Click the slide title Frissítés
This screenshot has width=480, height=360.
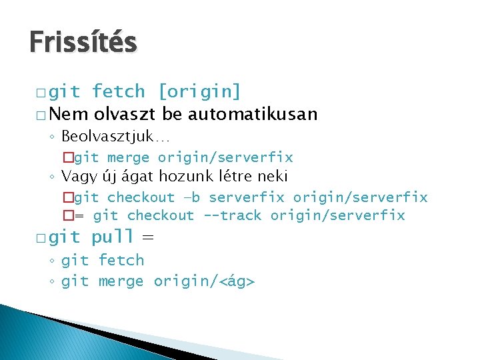[83, 43]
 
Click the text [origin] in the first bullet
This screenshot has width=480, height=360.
[200, 91]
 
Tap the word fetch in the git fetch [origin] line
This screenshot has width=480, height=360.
[118, 91]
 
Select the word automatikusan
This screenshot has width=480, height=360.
[253, 114]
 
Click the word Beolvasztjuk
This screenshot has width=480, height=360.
[106, 137]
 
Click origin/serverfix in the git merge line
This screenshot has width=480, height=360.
[225, 157]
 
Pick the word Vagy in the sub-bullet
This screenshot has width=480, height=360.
[77, 177]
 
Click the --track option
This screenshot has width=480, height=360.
[233, 215]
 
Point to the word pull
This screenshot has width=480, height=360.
[113, 237]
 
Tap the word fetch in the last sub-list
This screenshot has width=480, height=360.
[121, 260]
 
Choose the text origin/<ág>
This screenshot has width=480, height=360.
[204, 281]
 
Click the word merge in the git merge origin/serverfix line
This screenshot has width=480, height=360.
[128, 157]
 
